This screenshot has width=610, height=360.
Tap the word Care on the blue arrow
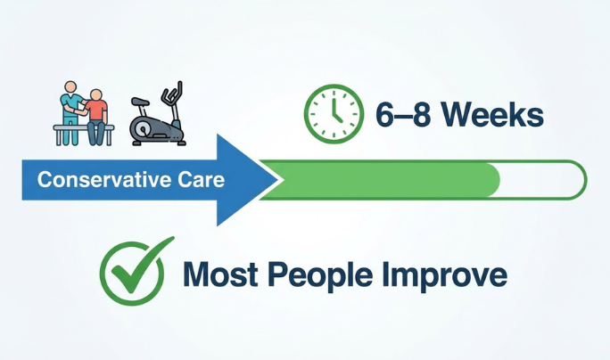pyautogui.click(x=204, y=180)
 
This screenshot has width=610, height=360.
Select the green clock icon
pyautogui.click(x=333, y=115)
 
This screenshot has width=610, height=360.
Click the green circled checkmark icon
pyautogui.click(x=135, y=272)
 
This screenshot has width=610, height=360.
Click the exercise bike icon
pyautogui.click(x=158, y=116)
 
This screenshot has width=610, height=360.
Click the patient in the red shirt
pyautogui.click(x=96, y=110)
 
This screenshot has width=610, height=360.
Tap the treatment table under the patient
pyautogui.click(x=80, y=130)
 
